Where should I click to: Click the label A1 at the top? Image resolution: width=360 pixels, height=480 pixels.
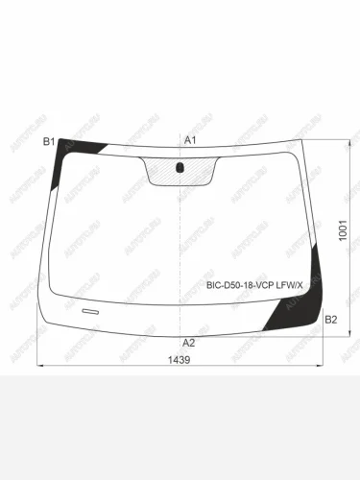[190, 141]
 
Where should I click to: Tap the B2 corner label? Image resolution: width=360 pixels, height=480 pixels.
[330, 319]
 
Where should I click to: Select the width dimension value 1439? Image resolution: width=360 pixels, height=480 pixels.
[179, 361]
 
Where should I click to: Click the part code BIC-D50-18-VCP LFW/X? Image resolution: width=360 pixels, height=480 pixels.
[253, 285]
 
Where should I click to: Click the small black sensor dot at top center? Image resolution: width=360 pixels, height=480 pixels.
[180, 168]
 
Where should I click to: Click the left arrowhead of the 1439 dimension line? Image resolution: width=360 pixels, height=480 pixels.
[40, 366]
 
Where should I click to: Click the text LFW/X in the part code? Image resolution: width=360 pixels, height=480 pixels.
[288, 285]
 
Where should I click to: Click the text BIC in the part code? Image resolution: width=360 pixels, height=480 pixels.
[214, 285]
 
